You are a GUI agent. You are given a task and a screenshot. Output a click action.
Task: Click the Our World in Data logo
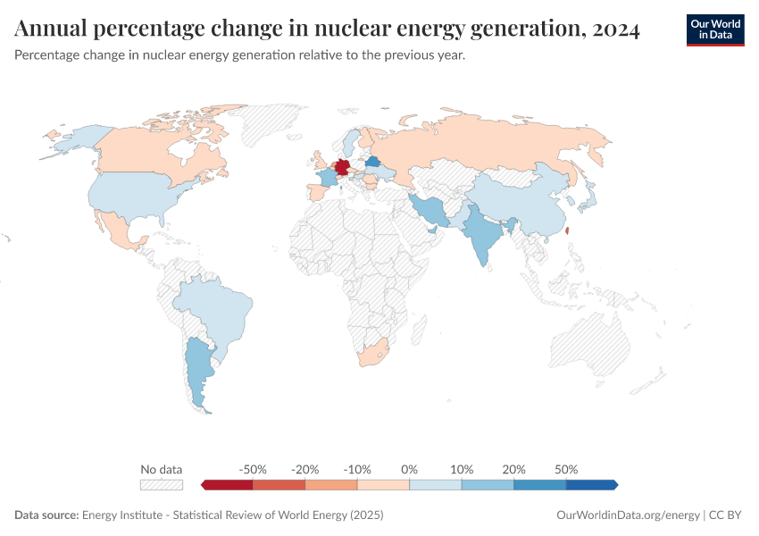[714, 29]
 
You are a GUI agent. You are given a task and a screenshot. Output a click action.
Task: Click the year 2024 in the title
[614, 29]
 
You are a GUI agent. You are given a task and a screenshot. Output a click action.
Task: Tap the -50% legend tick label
[254, 469]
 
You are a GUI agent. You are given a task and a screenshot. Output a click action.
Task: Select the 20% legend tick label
[513, 469]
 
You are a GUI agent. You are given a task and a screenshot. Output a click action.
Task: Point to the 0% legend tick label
[409, 469]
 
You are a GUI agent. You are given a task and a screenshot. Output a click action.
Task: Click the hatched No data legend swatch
[161, 484]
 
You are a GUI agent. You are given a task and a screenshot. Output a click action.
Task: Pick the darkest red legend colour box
[228, 484]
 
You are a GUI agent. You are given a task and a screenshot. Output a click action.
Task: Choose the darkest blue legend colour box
[591, 484]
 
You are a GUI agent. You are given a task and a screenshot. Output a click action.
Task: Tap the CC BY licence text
[728, 515]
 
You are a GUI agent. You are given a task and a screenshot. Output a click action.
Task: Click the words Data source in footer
[46, 515]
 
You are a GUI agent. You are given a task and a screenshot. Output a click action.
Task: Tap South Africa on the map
[371, 354]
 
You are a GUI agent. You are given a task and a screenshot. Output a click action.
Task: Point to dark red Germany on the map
[341, 169]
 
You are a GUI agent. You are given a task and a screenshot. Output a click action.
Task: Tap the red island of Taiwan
[569, 230]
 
